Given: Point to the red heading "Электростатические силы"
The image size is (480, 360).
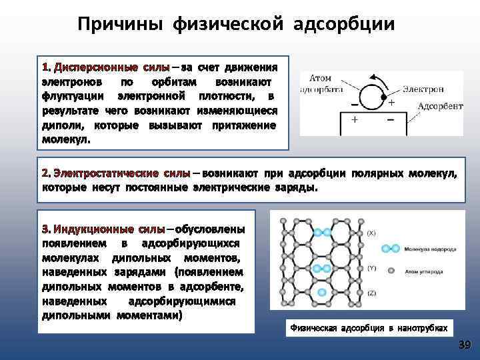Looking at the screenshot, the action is pyautogui.click(x=116, y=173).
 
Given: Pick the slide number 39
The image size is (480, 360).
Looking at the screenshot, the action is pyautogui.click(x=464, y=345).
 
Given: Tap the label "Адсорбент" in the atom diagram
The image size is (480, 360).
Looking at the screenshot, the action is pyautogui.click(x=440, y=106).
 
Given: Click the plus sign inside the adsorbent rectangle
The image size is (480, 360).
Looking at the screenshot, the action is pyautogui.click(x=354, y=120).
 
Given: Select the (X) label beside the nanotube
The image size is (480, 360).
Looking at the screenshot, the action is pyautogui.click(x=371, y=234).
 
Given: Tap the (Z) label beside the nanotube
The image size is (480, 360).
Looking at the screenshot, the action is pyautogui.click(x=371, y=293).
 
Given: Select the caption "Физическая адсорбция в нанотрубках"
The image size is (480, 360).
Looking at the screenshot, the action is pyautogui.click(x=367, y=328).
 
